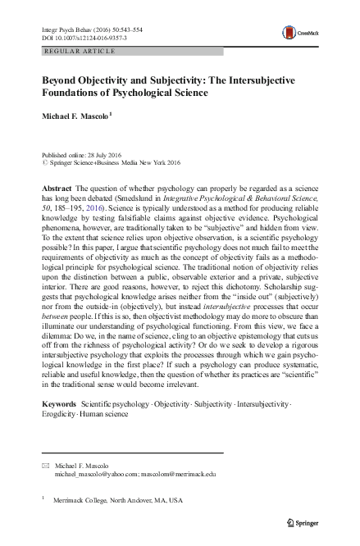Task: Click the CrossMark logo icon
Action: click(x=290, y=32)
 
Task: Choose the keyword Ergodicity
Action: click(x=64, y=415)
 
